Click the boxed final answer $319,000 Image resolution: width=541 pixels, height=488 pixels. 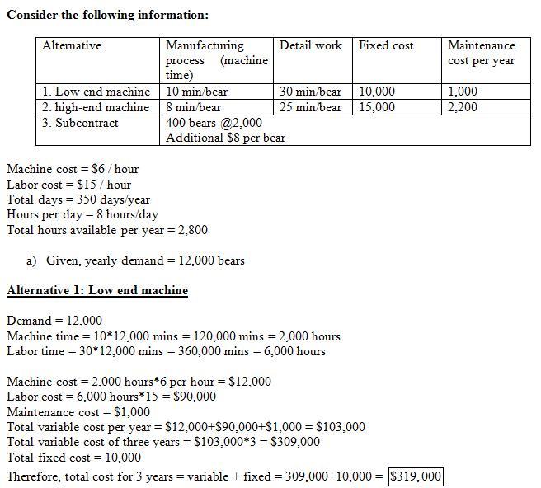click(416, 476)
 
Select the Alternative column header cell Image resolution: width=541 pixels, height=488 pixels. click(72, 46)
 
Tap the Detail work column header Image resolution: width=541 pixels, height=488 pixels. click(311, 46)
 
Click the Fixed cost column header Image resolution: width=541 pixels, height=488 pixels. click(386, 46)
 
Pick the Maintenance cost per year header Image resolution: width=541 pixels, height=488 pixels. click(482, 53)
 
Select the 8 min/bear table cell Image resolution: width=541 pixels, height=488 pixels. click(194, 107)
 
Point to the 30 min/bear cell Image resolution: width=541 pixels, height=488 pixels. click(311, 91)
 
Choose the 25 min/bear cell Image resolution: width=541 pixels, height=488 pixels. click(311, 107)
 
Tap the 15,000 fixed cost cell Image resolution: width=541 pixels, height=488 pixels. click(377, 107)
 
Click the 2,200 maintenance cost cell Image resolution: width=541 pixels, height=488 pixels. click(463, 107)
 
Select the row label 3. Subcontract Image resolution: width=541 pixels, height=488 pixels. click(80, 123)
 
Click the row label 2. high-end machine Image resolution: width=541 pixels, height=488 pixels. click(96, 107)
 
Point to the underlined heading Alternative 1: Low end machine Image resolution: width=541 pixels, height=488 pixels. click(97, 290)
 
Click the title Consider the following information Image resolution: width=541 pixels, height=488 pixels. click(107, 15)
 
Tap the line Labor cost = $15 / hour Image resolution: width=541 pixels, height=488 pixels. click(68, 185)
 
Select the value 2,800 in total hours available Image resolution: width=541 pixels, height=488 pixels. click(191, 230)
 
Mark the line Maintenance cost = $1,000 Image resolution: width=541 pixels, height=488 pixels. click(78, 412)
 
